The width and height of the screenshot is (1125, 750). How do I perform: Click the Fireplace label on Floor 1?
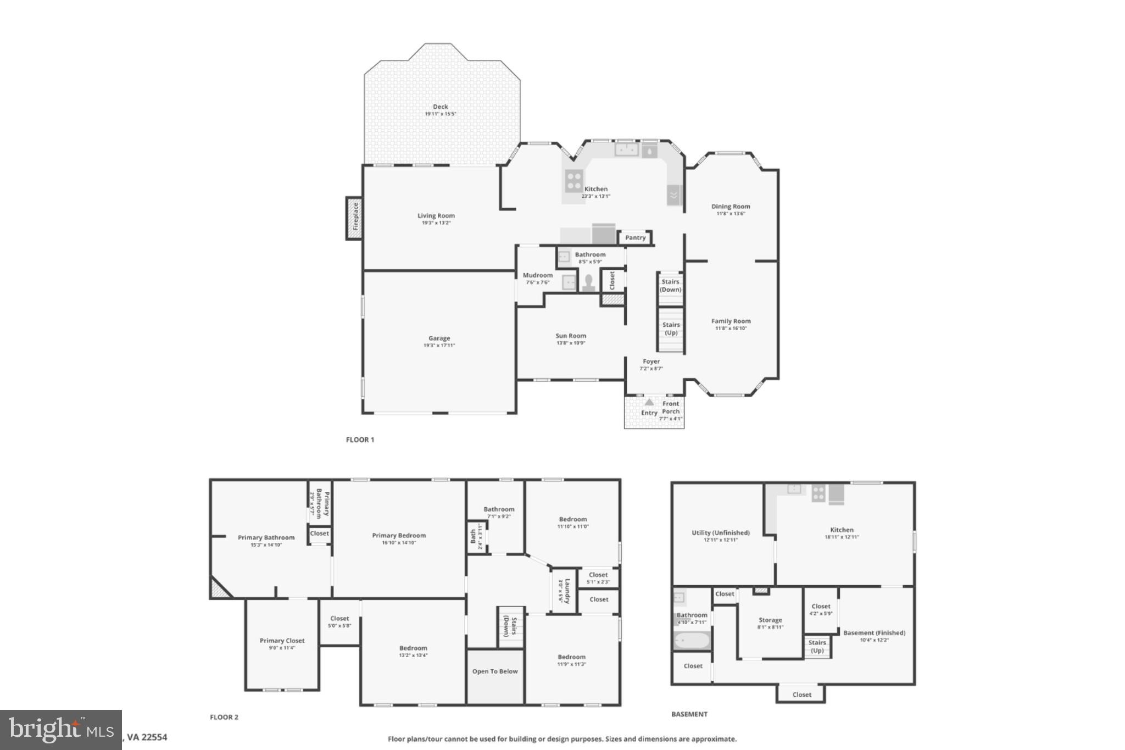[355, 218]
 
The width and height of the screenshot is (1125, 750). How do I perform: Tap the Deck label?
[440, 107]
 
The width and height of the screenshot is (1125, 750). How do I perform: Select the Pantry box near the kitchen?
[635, 238]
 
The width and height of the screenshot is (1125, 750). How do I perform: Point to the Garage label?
[439, 338]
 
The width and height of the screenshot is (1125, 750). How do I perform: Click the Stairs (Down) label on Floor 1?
[670, 286]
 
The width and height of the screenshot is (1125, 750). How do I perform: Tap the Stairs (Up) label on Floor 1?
[671, 329]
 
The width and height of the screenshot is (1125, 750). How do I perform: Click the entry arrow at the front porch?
[649, 402]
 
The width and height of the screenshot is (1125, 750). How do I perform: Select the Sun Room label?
[570, 336]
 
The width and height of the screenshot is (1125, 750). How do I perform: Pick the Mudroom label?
[537, 275]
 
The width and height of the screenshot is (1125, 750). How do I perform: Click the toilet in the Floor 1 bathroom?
[588, 282]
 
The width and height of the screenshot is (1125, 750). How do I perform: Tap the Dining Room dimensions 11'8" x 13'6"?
[731, 214]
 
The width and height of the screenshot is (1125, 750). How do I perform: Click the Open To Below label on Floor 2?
[495, 671]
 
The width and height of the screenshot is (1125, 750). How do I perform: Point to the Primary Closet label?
[282, 641]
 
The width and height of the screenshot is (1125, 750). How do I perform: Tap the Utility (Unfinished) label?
[720, 532]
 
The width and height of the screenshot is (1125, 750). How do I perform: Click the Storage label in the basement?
[770, 620]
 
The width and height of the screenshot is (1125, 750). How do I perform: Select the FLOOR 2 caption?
[224, 717]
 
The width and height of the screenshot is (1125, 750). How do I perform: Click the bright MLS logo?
[60, 730]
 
